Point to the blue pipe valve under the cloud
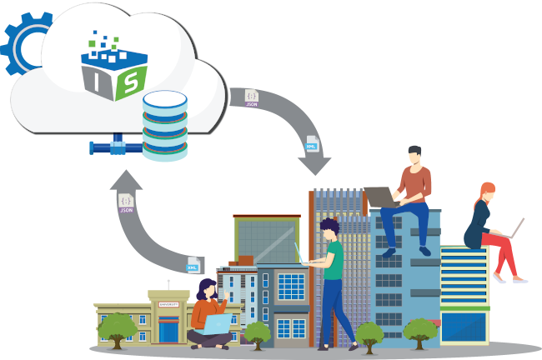(x=118, y=147)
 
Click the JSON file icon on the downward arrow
(x=251, y=97)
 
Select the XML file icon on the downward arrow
(x=311, y=143)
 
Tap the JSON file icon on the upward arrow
(x=126, y=202)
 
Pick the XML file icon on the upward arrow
(x=193, y=265)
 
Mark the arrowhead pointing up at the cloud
(x=126, y=179)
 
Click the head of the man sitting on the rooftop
(x=414, y=155)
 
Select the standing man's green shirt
(x=333, y=259)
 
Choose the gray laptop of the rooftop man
(x=382, y=197)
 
